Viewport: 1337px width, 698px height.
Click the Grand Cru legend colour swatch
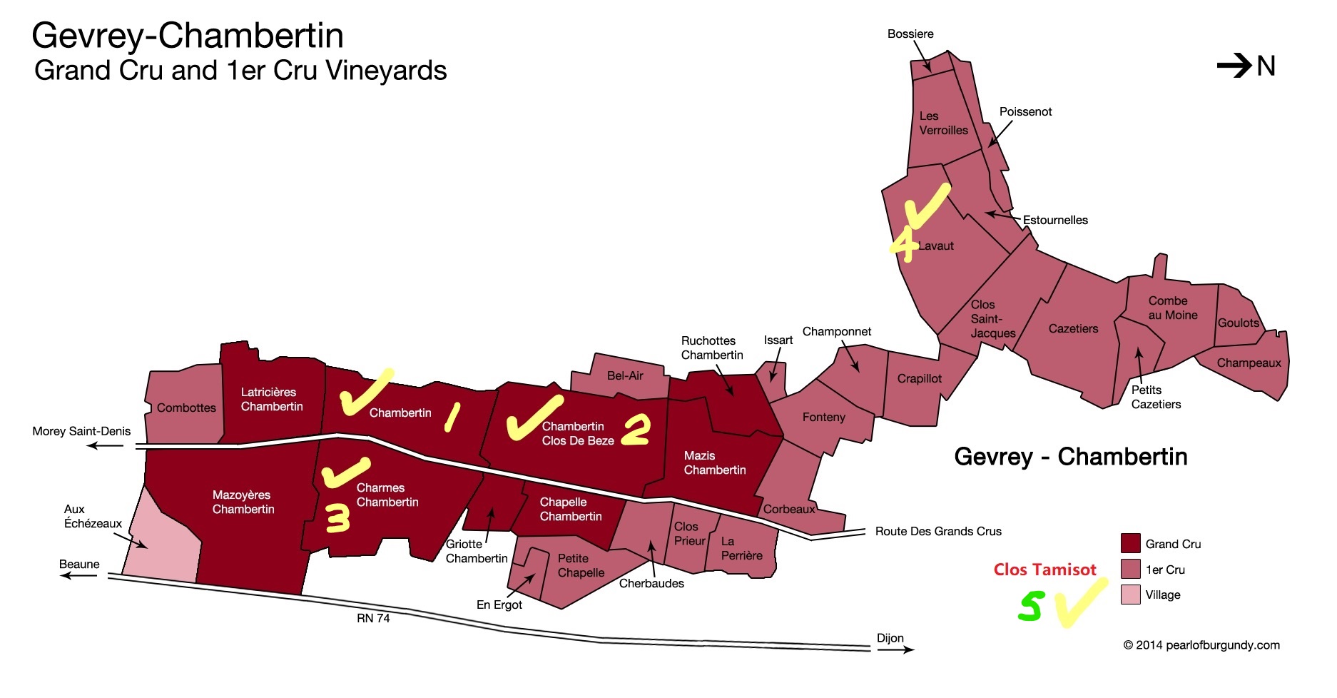(1130, 543)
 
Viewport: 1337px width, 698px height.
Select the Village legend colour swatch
(1130, 595)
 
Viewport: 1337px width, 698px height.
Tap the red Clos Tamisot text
(1044, 570)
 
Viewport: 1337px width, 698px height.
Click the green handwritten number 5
(1030, 607)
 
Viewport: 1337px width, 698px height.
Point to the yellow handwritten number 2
(636, 430)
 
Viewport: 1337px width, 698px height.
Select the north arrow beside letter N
(1234, 66)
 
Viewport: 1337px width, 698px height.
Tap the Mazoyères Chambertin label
(243, 502)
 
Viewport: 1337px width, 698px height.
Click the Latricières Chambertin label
(271, 399)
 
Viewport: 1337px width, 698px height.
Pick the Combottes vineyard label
(186, 408)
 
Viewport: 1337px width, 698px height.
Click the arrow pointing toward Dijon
(895, 649)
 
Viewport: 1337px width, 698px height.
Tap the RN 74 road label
(373, 618)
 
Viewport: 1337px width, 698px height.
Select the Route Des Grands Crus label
(938, 531)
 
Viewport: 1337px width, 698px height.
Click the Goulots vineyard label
(1238, 323)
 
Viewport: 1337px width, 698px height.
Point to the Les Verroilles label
(943, 123)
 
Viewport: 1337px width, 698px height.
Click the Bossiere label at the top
(910, 34)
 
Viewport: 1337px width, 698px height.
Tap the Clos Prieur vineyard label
(688, 533)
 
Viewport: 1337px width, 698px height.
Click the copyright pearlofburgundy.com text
(1201, 645)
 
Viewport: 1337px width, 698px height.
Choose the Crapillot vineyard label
(919, 378)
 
